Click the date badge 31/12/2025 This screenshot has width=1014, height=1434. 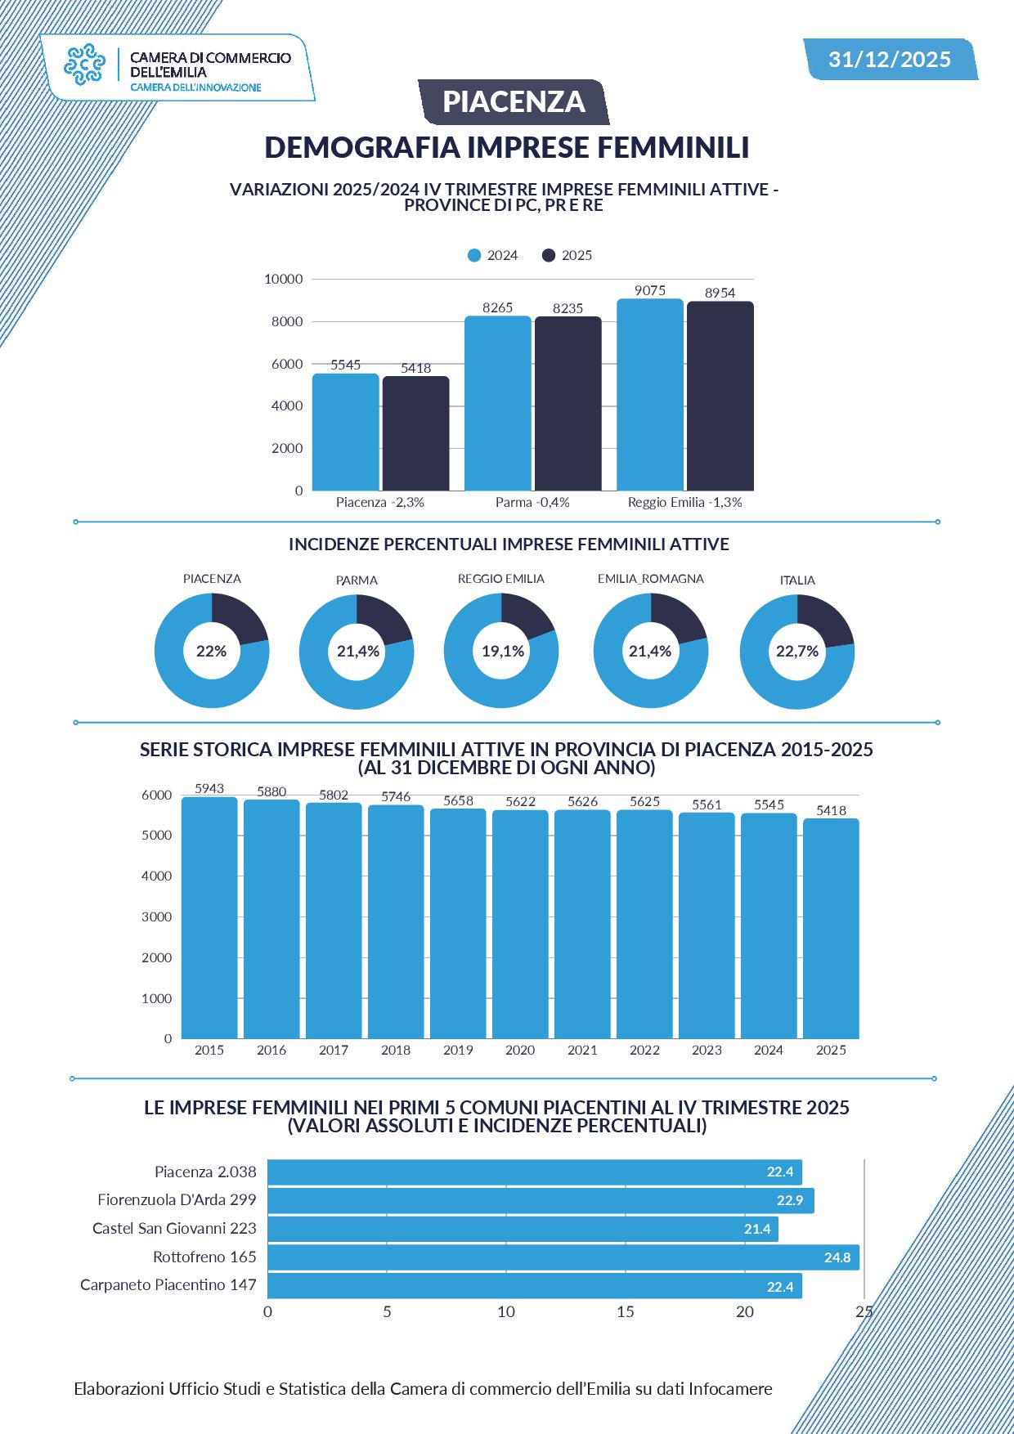[890, 59]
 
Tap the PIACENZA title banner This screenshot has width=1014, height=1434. [514, 101]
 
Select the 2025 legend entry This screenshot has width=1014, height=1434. [568, 255]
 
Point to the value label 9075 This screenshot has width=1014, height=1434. [650, 290]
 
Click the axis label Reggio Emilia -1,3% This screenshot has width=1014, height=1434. [684, 502]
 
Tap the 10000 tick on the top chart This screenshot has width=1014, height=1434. [283, 279]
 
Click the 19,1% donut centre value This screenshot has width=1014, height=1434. [502, 651]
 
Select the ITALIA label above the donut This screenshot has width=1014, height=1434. [797, 580]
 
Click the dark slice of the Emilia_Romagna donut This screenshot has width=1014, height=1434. [676, 617]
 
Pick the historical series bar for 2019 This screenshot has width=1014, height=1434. [458, 924]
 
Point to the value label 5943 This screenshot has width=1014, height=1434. [209, 788]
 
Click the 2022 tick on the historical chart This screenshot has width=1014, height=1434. [644, 1050]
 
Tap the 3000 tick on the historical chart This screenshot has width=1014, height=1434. [157, 916]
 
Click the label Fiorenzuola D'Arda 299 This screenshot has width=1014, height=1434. [177, 1199]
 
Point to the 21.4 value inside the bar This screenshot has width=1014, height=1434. [757, 1229]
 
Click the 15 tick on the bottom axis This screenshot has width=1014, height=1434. [626, 1311]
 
